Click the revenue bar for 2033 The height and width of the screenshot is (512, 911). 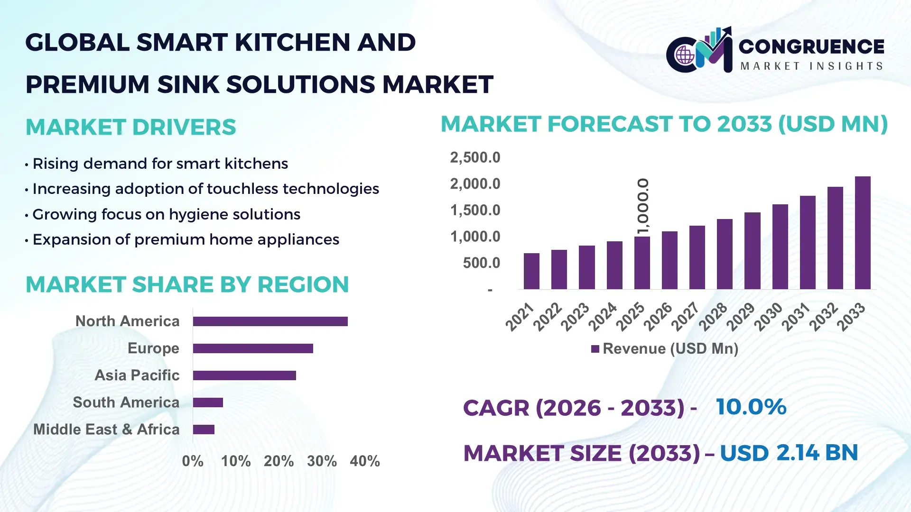862,233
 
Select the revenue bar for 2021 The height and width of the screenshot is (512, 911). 531,271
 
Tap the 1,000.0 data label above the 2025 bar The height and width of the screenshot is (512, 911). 643,206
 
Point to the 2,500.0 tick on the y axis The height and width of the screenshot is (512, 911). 475,157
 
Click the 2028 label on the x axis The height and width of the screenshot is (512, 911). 713,316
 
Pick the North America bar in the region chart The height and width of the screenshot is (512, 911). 270,321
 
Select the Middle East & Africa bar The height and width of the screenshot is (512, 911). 204,430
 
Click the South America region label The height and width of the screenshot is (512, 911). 126,402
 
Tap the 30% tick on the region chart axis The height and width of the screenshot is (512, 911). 322,461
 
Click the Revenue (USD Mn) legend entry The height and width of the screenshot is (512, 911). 665,349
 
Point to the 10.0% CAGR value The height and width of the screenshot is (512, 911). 751,407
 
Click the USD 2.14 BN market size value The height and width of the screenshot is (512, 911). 789,453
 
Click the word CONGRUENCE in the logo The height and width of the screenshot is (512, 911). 811,46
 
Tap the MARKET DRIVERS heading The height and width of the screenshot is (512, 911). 130,127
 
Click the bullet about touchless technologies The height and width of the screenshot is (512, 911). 205,189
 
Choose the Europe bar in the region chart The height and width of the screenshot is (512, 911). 253,348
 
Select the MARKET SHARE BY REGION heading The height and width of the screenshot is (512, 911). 187,284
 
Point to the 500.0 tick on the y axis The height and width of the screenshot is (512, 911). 481,263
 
